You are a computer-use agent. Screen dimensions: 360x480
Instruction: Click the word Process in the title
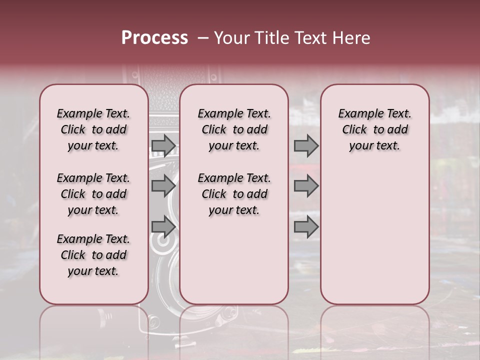coord(154,38)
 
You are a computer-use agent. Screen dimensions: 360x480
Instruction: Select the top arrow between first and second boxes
coord(163,145)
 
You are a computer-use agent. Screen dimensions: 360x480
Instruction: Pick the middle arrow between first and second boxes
coord(163,186)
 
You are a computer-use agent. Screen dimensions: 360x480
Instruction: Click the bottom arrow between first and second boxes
coord(163,226)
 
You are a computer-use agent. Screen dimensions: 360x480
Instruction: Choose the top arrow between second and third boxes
coord(306,145)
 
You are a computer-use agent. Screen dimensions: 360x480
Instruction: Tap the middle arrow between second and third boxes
coord(306,186)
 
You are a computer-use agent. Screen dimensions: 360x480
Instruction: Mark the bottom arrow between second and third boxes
coord(306,227)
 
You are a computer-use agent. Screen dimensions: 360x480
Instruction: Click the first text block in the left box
coord(93,129)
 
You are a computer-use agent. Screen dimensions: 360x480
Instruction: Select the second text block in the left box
coord(93,194)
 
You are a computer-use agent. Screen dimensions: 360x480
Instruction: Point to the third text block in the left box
coord(93,255)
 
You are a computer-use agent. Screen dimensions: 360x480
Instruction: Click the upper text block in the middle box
coord(234,129)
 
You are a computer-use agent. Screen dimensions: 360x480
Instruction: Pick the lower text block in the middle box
coord(234,194)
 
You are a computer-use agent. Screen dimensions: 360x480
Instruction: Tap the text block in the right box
coord(375,129)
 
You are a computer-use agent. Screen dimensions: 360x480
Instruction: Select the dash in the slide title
coord(202,38)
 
